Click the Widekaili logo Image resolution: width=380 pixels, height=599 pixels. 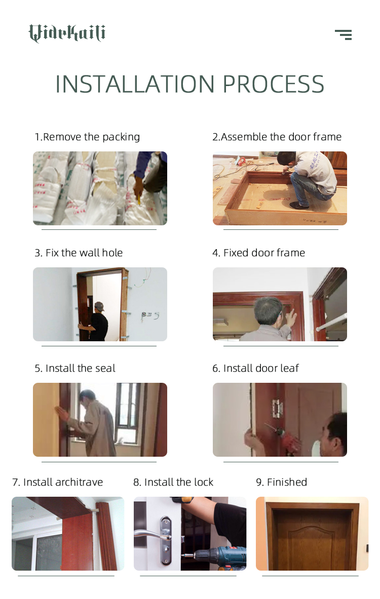pyautogui.click(x=67, y=33)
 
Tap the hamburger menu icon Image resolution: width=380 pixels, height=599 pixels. pyautogui.click(x=344, y=35)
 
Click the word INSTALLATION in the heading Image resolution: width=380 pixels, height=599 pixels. pyautogui.click(x=135, y=84)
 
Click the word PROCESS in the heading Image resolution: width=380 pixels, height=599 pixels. pyautogui.click(x=273, y=84)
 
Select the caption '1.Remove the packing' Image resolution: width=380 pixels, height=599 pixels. pyautogui.click(x=87, y=137)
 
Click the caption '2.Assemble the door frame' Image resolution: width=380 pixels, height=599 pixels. pyautogui.click(x=277, y=137)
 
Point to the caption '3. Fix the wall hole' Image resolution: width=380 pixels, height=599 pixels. pyautogui.click(x=79, y=253)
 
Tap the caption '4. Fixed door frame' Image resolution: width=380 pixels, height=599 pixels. pyautogui.click(x=259, y=253)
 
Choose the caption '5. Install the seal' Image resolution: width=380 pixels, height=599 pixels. pyautogui.click(x=75, y=368)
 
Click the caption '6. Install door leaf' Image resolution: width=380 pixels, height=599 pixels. pyautogui.click(x=256, y=368)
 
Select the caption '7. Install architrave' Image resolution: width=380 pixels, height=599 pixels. pyautogui.click(x=58, y=482)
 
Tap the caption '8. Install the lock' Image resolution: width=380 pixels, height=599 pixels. pyautogui.click(x=173, y=482)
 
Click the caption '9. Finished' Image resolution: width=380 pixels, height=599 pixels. pyautogui.click(x=281, y=482)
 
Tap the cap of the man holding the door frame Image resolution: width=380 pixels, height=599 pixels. pyautogui.click(x=99, y=306)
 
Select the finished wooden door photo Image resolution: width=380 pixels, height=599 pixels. pyautogui.click(x=312, y=534)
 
